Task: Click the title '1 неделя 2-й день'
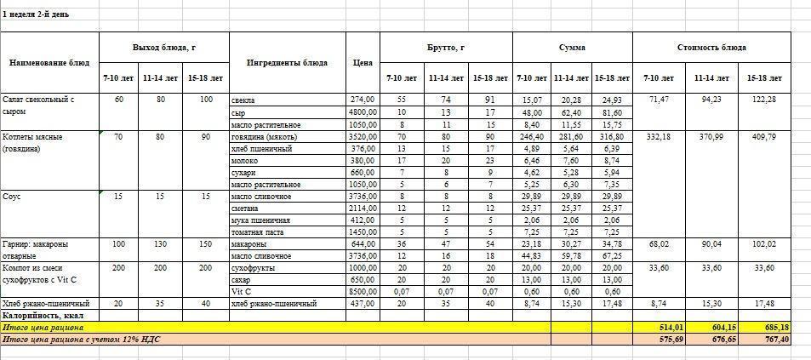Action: tap(36, 14)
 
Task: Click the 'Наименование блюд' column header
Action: tap(49, 62)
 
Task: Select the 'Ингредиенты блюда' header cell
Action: tap(287, 62)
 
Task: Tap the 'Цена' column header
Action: tap(362, 62)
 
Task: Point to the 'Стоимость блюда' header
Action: tap(711, 47)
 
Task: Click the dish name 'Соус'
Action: tap(13, 197)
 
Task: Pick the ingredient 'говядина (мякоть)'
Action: tap(262, 136)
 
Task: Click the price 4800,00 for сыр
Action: tap(362, 112)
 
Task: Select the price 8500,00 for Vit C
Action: tap(362, 291)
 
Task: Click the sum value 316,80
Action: tap(610, 136)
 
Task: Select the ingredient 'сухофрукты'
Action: tap(253, 267)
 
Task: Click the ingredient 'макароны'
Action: tap(248, 244)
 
